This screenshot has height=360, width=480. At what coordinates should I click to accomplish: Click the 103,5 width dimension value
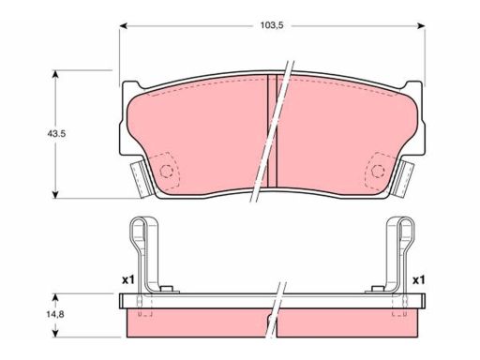tap(272, 25)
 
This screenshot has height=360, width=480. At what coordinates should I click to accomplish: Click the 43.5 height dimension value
tap(56, 134)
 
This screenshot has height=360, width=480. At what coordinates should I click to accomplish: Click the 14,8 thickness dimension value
tap(55, 314)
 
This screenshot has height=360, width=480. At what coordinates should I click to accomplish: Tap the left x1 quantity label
tap(127, 280)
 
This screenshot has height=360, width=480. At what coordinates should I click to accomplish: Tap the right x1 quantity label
tap(419, 280)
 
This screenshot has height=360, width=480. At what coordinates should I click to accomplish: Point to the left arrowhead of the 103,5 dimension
tap(124, 26)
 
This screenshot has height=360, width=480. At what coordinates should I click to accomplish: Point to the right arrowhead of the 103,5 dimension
tap(421, 26)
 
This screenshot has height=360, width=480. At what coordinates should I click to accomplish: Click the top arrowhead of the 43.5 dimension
tap(55, 74)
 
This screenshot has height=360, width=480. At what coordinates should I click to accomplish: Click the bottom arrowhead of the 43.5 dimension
tap(55, 194)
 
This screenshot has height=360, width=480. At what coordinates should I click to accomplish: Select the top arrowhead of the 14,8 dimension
tap(55, 297)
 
